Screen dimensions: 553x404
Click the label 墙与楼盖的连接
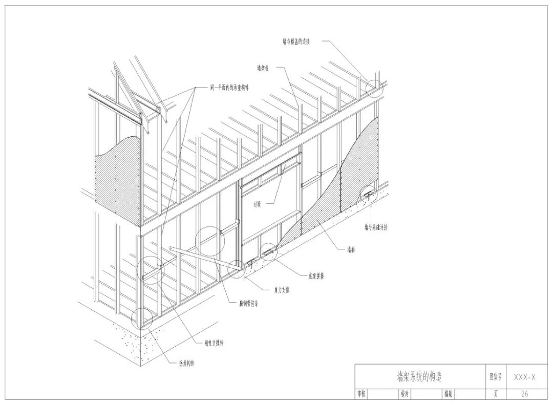click(296, 41)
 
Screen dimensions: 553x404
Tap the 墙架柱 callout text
click(263, 68)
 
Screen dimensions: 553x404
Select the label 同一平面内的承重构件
click(229, 88)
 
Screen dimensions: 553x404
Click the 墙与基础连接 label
click(376, 227)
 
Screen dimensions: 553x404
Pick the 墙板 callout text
click(351, 250)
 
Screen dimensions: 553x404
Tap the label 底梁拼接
click(316, 276)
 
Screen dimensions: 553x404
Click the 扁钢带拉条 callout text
click(249, 303)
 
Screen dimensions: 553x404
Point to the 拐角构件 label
click(186, 363)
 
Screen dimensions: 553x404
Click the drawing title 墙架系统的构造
click(419, 377)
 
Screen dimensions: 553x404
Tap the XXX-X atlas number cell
click(525, 377)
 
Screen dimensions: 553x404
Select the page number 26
click(525, 394)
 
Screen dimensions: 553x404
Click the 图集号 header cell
click(496, 377)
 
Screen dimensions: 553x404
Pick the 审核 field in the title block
click(361, 394)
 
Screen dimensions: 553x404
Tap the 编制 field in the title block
click(448, 394)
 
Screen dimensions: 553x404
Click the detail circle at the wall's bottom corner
click(142, 318)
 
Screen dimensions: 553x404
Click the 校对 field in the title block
click(405, 394)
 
